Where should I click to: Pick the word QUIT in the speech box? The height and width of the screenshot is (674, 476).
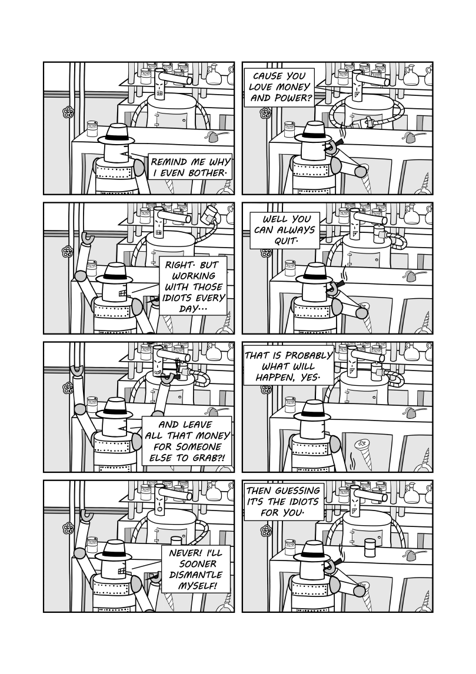(285, 241)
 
